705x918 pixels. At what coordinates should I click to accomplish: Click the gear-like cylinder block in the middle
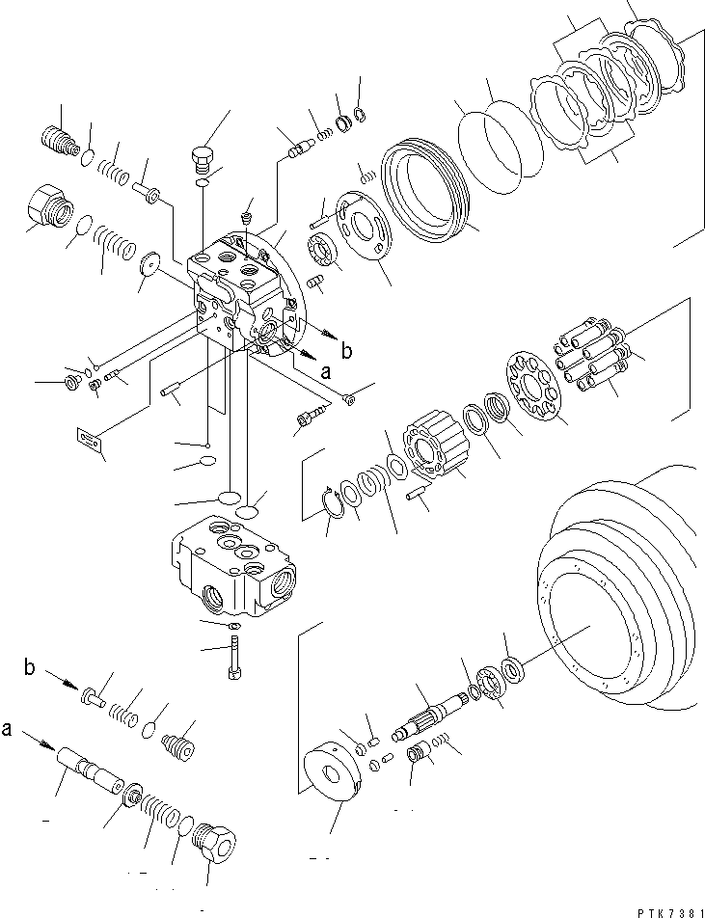pos(434,446)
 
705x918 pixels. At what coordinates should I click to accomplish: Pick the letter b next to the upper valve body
pos(346,350)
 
